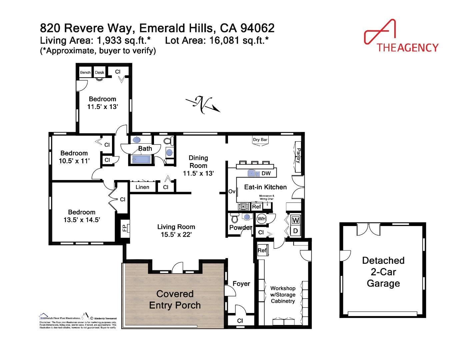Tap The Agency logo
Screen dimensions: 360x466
click(401, 37)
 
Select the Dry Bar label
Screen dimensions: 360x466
click(260, 140)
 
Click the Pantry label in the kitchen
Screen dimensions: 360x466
click(298, 156)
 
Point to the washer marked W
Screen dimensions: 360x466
click(295, 220)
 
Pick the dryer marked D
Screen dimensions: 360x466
click(295, 231)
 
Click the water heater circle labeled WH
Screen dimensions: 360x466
click(261, 219)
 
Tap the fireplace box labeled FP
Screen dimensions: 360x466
click(124, 228)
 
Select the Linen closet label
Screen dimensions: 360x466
click(142, 187)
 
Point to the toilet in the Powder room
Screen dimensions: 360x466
click(235, 218)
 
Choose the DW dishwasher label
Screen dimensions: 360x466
click(266, 173)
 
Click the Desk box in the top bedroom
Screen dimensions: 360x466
click(99, 72)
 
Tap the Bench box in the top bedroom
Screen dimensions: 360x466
click(85, 72)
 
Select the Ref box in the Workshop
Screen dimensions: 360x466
click(262, 250)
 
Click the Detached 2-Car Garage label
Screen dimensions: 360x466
click(383, 272)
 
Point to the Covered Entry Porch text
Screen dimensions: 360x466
click(175, 299)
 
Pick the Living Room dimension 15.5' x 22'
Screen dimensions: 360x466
click(176, 234)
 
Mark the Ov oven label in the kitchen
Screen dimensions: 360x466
click(232, 192)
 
